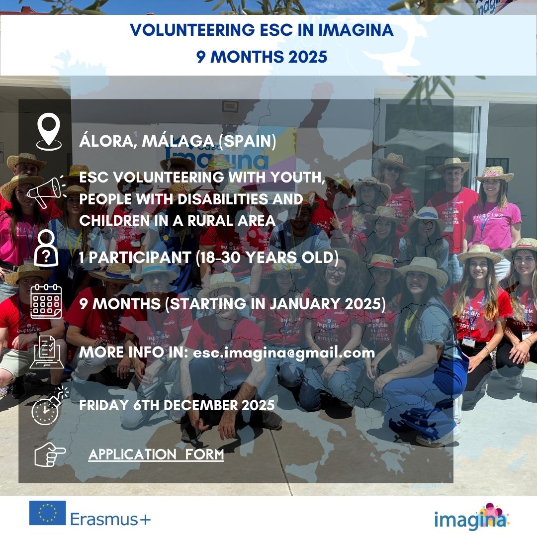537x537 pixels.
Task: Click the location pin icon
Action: coord(49,131)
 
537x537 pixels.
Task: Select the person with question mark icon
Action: coord(46,248)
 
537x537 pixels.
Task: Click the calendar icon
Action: coord(46,301)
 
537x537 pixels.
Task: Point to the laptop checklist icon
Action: coord(47,352)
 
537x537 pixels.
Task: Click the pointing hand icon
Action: coord(50,454)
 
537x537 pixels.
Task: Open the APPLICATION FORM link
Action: coord(156,455)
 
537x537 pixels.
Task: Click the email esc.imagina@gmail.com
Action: coord(284,353)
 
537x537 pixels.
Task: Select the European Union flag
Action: coord(47,513)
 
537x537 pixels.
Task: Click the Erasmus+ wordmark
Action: coord(110,519)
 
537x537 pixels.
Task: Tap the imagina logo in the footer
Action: coord(471,517)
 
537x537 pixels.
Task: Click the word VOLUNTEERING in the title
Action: coord(192,30)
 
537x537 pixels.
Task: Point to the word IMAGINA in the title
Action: coord(356,30)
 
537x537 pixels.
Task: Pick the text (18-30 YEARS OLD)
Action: coord(267,258)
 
